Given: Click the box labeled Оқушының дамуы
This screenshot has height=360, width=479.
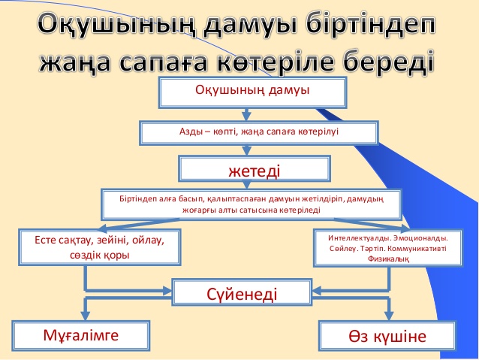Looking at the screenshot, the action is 252,92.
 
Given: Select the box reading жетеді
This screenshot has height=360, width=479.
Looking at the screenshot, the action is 255,169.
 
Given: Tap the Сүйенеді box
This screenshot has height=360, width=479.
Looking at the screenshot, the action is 242,292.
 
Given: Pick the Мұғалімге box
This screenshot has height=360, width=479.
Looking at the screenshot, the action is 81,335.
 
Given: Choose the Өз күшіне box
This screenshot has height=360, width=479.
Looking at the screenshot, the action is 387,336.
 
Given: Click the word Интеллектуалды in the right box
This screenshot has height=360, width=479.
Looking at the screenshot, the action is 359,238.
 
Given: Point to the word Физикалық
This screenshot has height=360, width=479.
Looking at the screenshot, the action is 388,259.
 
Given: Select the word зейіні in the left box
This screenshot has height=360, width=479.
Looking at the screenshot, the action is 113,241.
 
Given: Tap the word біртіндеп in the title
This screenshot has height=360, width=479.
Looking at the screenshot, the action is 371,24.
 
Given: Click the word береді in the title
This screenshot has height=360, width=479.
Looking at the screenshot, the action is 390,62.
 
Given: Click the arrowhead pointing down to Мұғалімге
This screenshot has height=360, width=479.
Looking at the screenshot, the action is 86,316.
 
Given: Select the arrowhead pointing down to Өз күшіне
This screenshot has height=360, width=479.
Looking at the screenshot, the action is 389,316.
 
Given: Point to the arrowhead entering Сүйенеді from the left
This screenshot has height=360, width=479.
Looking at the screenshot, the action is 167,291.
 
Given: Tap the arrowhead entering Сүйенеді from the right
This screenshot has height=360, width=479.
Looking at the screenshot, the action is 317,291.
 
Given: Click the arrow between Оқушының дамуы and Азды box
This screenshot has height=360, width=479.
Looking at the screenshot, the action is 246,114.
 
